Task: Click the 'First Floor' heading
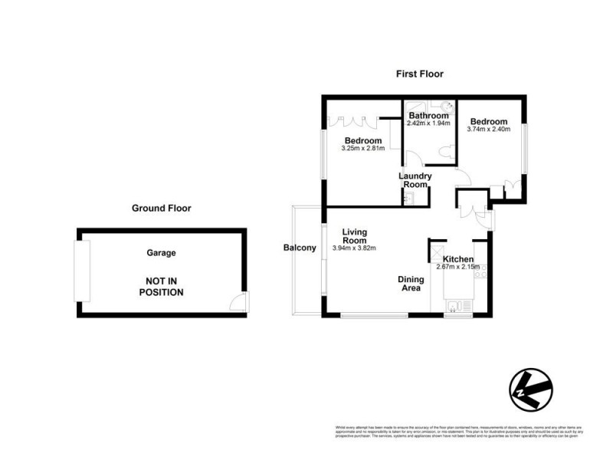419,74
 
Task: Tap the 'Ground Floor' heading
161,208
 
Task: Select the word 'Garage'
161,252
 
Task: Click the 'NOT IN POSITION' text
161,286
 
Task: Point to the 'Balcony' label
300,248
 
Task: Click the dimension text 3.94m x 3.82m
354,248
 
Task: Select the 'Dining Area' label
411,284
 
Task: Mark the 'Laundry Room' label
415,180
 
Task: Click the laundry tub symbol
408,199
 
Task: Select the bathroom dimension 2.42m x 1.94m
428,123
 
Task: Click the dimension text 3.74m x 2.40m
488,130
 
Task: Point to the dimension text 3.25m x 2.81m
362,149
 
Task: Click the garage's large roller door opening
80,271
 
